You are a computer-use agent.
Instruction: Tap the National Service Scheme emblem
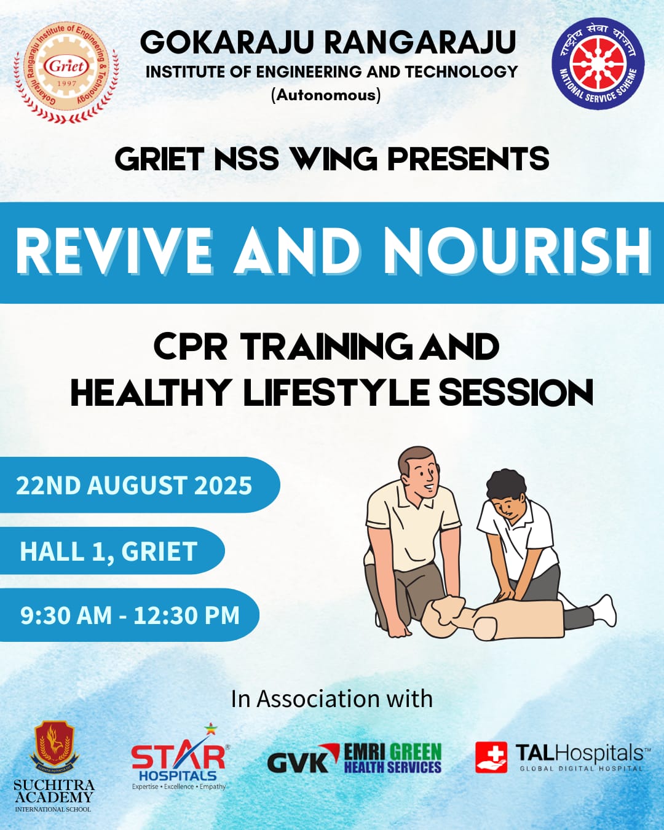tap(598, 64)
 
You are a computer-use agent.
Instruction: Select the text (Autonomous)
tap(326, 95)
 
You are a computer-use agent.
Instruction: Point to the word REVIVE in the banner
tap(114, 251)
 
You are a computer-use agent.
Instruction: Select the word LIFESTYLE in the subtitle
tap(336, 392)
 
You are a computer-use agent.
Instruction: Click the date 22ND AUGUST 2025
tap(134, 485)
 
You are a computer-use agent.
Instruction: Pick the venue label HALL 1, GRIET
tap(108, 551)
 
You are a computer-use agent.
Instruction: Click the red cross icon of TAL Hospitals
tap(491, 757)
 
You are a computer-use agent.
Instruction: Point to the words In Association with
tap(332, 699)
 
